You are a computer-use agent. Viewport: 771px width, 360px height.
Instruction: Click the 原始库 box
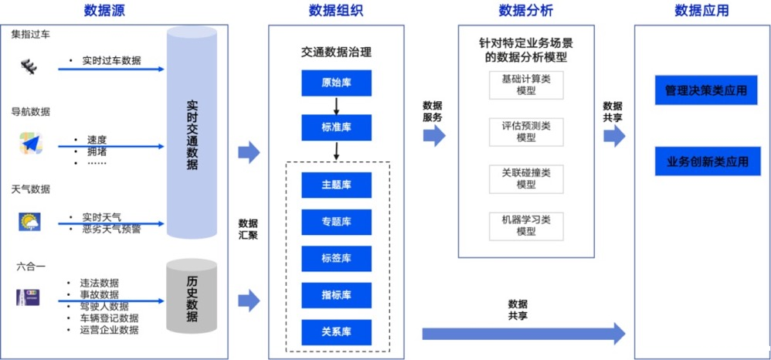(x=336, y=83)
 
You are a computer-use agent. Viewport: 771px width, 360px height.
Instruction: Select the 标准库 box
(x=336, y=127)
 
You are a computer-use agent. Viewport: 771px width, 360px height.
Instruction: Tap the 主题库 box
(x=336, y=185)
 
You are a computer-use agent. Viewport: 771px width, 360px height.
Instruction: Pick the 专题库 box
(x=336, y=222)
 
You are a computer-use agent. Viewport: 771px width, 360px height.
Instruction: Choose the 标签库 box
(x=336, y=258)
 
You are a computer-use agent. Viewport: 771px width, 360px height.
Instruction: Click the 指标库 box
(x=336, y=295)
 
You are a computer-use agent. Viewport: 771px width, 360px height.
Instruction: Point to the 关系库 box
(x=336, y=331)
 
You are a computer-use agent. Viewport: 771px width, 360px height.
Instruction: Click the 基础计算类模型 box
(x=526, y=84)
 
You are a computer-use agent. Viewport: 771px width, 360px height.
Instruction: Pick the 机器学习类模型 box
(x=526, y=226)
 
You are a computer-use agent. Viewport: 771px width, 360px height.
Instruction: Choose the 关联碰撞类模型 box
(x=526, y=178)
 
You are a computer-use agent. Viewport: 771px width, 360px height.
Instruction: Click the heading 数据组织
(x=336, y=11)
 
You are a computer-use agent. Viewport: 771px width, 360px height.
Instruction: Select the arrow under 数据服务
(x=435, y=137)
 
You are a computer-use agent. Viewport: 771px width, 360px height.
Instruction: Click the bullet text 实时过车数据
(x=111, y=60)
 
